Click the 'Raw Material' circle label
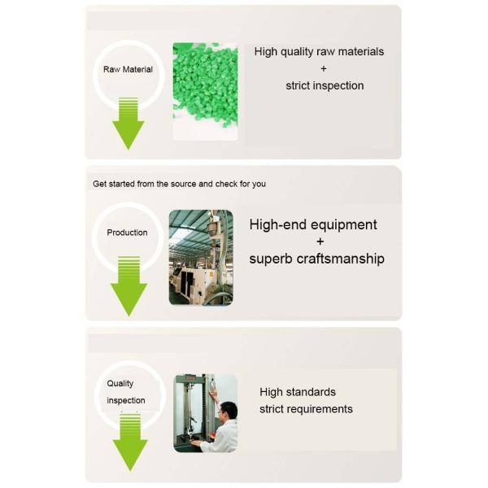(x=128, y=69)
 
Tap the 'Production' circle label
(x=127, y=233)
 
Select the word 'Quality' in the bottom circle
(x=120, y=383)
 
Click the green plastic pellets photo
(x=206, y=91)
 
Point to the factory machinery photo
(x=201, y=258)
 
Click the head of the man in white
(x=228, y=411)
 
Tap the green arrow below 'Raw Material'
(x=129, y=124)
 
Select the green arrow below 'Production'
(x=129, y=286)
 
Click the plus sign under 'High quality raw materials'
(x=324, y=68)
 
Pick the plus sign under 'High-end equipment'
(x=320, y=242)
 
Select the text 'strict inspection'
(x=325, y=85)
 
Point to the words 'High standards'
(x=298, y=392)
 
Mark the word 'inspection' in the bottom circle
(x=126, y=400)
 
